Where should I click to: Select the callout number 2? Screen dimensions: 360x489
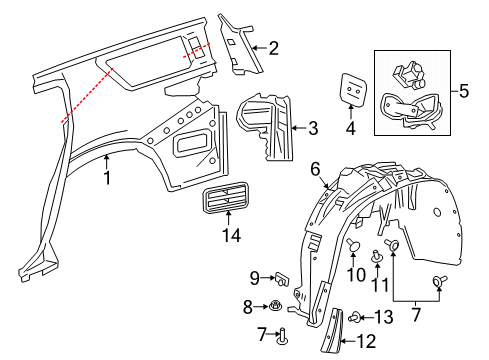pyautogui.click(x=273, y=47)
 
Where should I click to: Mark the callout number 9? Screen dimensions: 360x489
pyautogui.click(x=254, y=277)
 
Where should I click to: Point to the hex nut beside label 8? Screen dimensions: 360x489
pyautogui.click(x=274, y=305)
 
